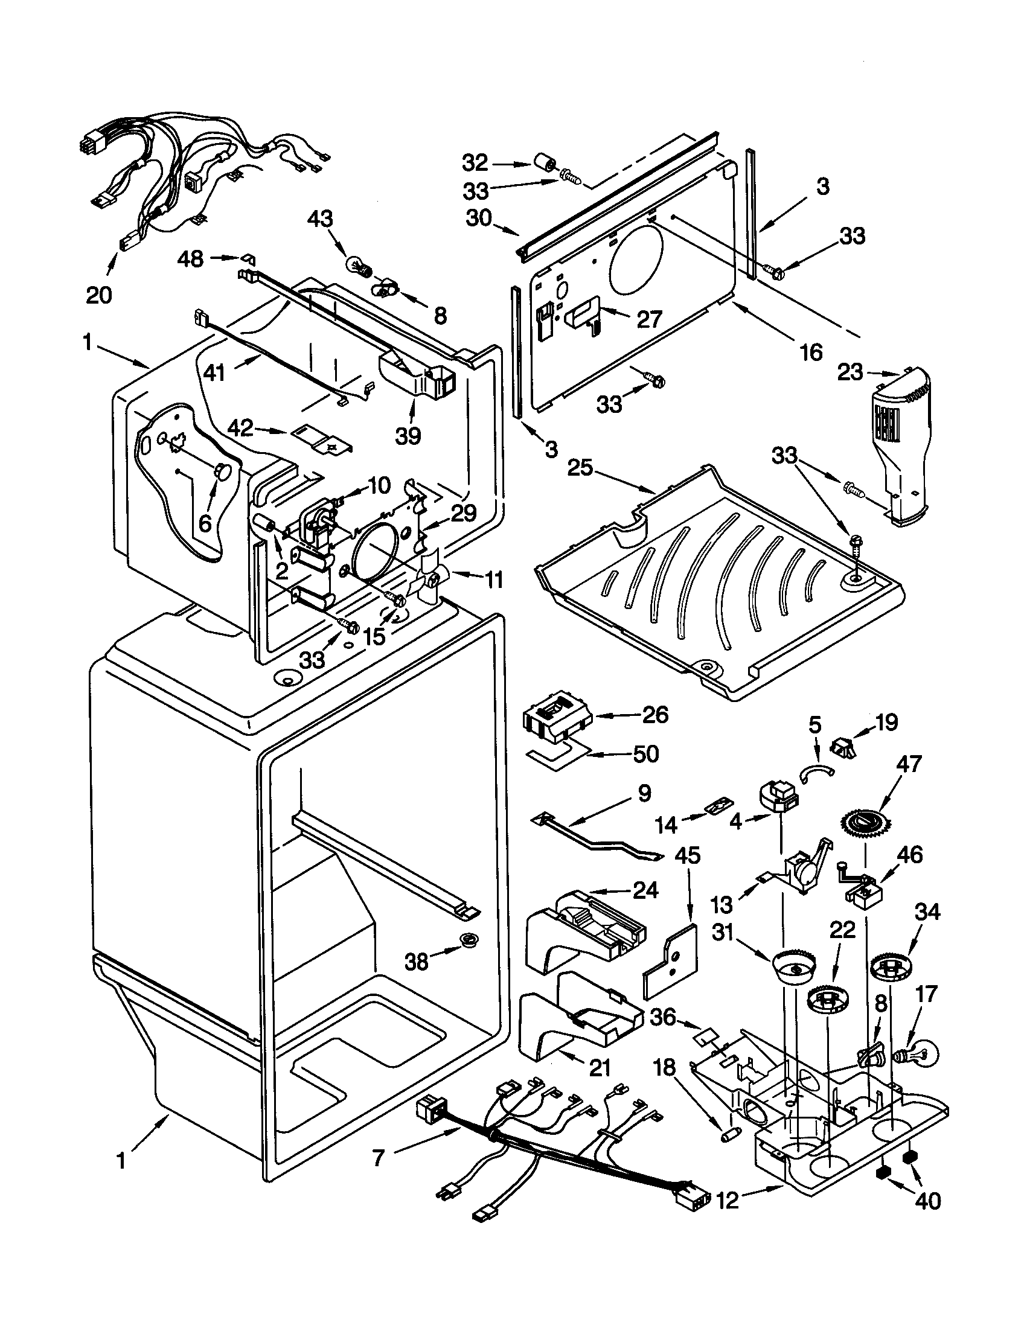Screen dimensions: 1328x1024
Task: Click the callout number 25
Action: [x=581, y=468]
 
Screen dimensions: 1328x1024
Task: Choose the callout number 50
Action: [x=646, y=754]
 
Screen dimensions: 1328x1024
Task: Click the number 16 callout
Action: [x=810, y=352]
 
